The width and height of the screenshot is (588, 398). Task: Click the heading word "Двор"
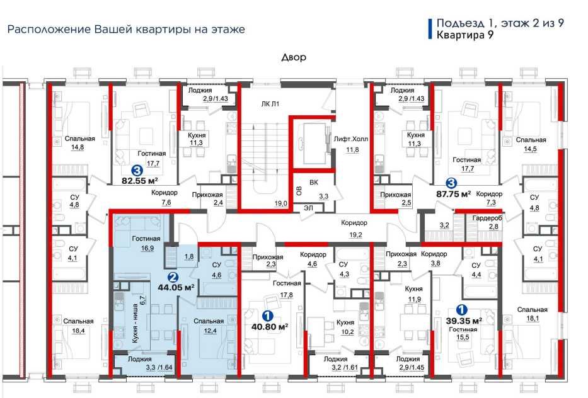tap(294, 57)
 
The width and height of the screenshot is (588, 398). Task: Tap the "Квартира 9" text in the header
tap(465, 35)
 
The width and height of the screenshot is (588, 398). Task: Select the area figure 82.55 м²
tap(140, 181)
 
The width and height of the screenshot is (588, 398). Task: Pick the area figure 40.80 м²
tap(270, 326)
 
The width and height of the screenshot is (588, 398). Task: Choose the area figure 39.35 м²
tap(464, 321)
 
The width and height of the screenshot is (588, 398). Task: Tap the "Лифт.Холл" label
tap(351, 139)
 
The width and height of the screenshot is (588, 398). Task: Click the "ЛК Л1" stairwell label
tap(270, 104)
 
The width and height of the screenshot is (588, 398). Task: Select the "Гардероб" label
tap(487, 218)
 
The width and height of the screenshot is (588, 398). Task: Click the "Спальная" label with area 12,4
tap(209, 321)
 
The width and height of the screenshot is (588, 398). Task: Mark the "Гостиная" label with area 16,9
tap(146, 239)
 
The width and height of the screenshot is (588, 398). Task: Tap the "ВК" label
tap(314, 183)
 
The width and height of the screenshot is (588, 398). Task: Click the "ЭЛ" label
tap(308, 208)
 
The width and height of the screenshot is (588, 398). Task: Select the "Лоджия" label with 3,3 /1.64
tap(139, 359)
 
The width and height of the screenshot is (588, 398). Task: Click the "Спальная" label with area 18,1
tap(533, 310)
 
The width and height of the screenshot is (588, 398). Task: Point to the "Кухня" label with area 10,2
tap(345, 322)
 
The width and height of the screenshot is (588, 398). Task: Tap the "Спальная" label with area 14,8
tap(80, 139)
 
